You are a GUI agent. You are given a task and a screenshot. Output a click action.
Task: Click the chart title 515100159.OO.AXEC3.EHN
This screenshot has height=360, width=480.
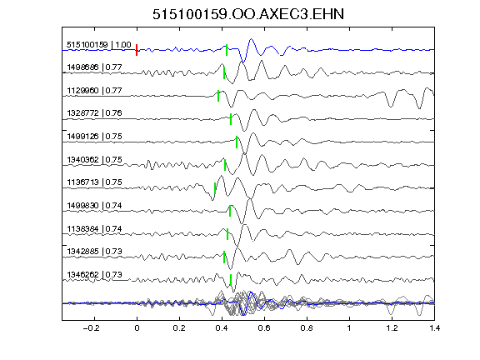[248, 14]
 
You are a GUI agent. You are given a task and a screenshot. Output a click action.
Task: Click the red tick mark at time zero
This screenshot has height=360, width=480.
[137, 50]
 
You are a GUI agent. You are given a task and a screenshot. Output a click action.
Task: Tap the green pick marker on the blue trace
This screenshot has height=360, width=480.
[227, 50]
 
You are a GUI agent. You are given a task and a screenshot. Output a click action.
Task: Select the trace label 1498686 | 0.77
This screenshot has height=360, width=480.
[95, 67]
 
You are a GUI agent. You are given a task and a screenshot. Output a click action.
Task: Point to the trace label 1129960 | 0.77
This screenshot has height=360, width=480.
[95, 91]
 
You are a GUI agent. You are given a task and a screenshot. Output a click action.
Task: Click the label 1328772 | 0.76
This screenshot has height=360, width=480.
[95, 113]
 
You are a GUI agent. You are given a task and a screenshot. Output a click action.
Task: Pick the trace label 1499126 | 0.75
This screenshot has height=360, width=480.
[95, 136]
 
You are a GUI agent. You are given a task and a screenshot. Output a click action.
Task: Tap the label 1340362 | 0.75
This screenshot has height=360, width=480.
[95, 159]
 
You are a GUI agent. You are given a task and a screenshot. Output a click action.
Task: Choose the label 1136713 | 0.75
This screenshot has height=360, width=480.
[95, 182]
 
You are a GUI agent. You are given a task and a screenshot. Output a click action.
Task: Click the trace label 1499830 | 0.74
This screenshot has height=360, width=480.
[95, 205]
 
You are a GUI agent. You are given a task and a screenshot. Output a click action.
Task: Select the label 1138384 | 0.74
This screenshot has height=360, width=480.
[95, 228]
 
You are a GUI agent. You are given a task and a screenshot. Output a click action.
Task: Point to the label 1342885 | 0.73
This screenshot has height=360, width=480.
[95, 252]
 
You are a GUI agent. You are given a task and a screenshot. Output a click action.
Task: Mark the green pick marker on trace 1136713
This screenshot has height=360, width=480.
[215, 188]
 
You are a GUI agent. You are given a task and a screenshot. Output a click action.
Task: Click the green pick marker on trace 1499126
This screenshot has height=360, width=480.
[237, 142]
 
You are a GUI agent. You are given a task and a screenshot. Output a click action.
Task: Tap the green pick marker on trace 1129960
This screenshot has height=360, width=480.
[218, 96]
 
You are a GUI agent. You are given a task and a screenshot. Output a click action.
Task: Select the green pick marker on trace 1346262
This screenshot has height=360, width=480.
[231, 280]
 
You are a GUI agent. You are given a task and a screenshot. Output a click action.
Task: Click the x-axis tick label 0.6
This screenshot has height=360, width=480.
[264, 328]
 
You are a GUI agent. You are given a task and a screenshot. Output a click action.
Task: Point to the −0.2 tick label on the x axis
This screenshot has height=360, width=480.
[92, 328]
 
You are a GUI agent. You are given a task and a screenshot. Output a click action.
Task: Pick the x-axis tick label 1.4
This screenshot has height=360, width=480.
[434, 328]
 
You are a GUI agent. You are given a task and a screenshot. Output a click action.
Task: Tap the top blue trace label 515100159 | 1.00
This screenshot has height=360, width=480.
[99, 45]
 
